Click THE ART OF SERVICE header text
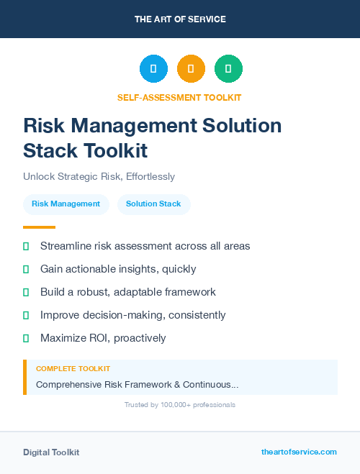pyautogui.click(x=180, y=19)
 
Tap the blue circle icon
pyautogui.click(x=153, y=69)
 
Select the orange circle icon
pyautogui.click(x=191, y=69)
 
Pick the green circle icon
pyautogui.click(x=228, y=69)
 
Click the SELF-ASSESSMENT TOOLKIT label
pyautogui.click(x=179, y=97)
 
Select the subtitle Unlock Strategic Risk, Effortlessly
pyautogui.click(x=99, y=176)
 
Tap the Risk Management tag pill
pyautogui.click(x=66, y=204)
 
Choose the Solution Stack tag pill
pyautogui.click(x=153, y=204)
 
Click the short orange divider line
pyautogui.click(x=39, y=227)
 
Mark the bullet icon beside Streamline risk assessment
pyautogui.click(x=26, y=246)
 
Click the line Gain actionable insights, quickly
pyautogui.click(x=118, y=269)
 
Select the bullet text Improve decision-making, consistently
pyautogui.click(x=132, y=315)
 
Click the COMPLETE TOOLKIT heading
pyautogui.click(x=73, y=368)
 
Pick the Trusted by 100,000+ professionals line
pyautogui.click(x=179, y=405)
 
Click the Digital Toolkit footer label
pyautogui.click(x=51, y=452)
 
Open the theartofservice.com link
pyautogui.click(x=299, y=452)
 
